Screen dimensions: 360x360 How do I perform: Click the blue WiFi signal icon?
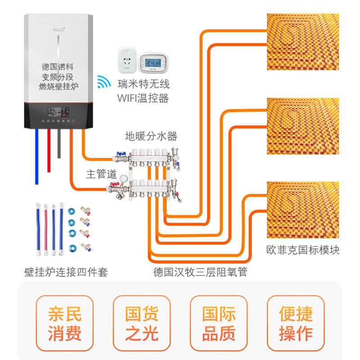click(104, 82)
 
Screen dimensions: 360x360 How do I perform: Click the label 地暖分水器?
click(151, 136)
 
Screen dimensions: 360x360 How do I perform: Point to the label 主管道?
click(102, 173)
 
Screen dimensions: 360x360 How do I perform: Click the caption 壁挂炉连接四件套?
click(66, 272)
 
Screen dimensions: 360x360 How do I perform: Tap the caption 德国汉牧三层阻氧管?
click(200, 272)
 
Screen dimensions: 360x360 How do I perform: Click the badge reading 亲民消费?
click(64, 323)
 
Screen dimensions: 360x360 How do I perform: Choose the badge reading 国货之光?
click(142, 323)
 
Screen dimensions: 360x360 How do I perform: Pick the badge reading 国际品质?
click(219, 323)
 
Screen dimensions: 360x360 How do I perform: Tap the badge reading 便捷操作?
click(296, 323)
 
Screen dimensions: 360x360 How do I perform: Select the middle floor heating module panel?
click(303, 126)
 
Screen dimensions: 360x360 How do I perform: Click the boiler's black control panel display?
click(58, 110)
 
